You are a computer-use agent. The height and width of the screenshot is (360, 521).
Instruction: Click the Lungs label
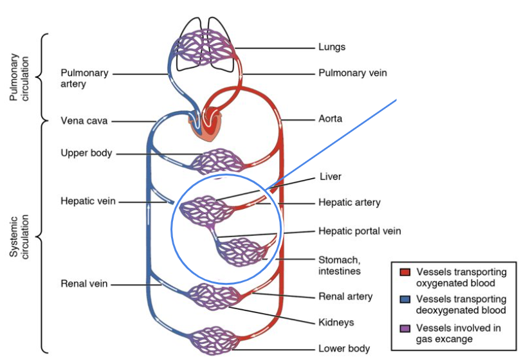pos(332,47)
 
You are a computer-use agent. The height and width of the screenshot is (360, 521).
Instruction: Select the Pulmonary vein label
pos(352,73)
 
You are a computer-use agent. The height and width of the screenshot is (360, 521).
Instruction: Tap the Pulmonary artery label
pos(84,78)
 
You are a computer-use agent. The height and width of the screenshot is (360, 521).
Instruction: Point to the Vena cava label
pos(84,120)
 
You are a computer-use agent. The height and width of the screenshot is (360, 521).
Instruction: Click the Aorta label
pos(331,119)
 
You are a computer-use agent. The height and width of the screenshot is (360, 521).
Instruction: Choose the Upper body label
pos(86,153)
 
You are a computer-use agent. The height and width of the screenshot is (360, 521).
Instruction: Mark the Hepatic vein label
pos(88,201)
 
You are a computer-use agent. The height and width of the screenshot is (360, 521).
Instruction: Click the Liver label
pos(331,177)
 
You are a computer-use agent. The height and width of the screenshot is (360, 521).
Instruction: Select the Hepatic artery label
pos(349,203)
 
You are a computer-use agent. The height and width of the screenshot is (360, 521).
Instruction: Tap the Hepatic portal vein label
pos(360,231)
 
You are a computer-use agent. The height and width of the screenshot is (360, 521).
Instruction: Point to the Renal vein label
pos(84,283)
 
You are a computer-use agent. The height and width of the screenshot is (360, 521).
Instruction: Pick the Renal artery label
pos(345,296)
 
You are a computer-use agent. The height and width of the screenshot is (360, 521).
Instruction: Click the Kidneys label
pos(336,322)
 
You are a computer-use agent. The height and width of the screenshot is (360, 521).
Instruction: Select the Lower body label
pos(344,348)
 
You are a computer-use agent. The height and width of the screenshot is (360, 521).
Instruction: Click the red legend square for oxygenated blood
pos(405,272)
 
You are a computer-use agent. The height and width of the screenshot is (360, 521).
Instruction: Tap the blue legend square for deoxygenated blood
pos(405,300)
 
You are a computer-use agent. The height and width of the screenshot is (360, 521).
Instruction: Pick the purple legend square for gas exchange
pos(405,328)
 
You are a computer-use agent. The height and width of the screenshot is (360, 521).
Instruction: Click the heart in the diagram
pos(206,125)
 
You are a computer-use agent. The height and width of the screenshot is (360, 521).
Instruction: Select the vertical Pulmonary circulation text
pos(23,78)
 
